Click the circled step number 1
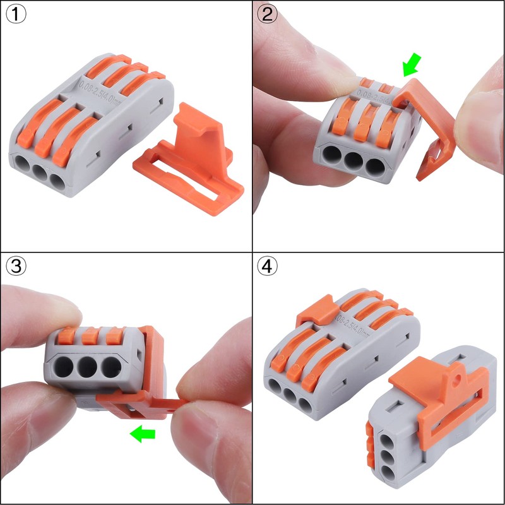(15, 15)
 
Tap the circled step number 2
(268, 15)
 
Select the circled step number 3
(15, 267)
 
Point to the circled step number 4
(268, 267)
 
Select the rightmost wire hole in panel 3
(112, 367)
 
